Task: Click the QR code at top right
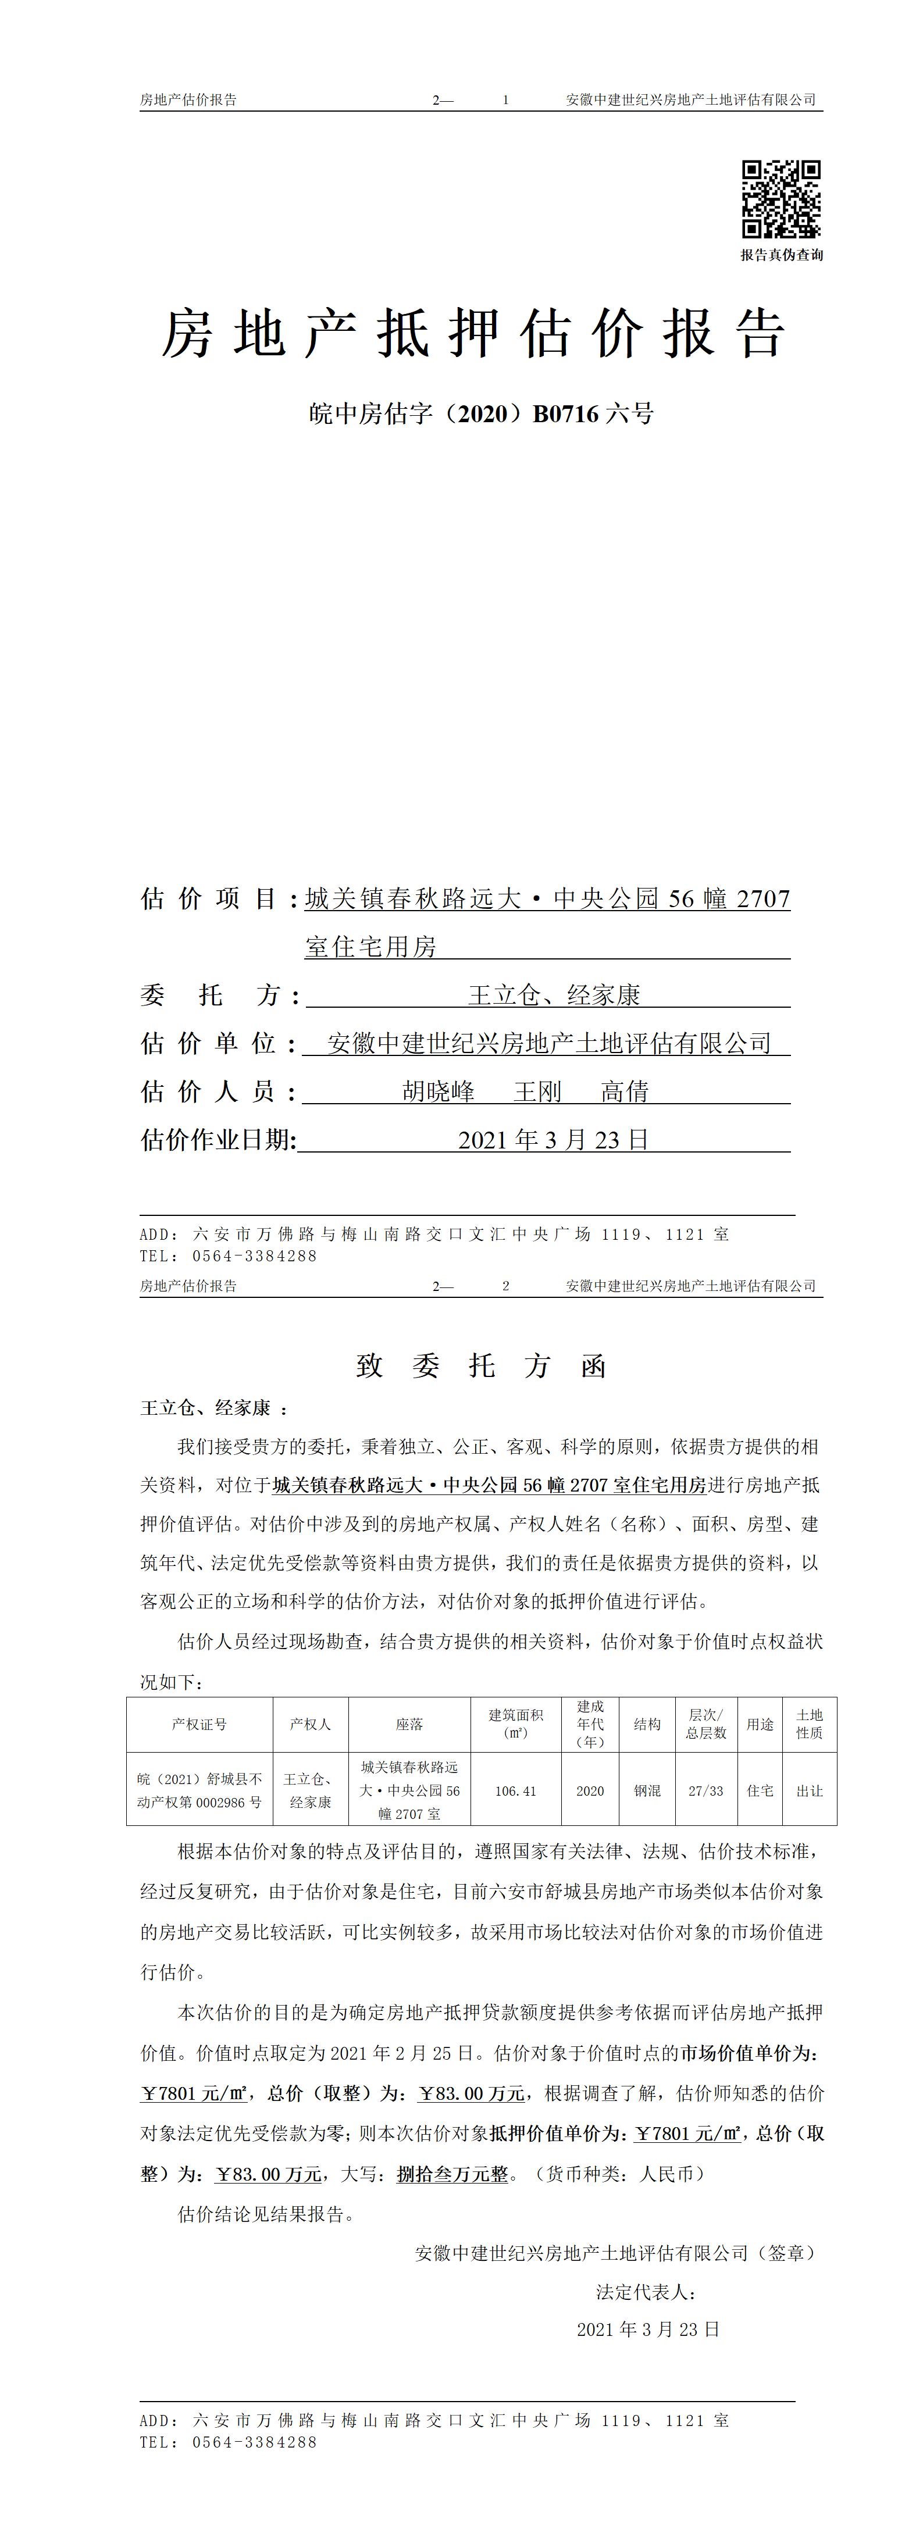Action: coord(781,199)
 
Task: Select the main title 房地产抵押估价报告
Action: coord(473,333)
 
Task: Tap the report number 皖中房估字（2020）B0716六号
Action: coord(481,414)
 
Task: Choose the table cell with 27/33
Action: coord(706,1790)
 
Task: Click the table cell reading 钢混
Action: coord(647,1790)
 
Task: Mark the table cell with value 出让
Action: coord(810,1790)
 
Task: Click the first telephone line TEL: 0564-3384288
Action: coord(229,1256)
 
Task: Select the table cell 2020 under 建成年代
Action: coord(590,1790)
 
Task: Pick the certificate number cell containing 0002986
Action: coord(200,1790)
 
